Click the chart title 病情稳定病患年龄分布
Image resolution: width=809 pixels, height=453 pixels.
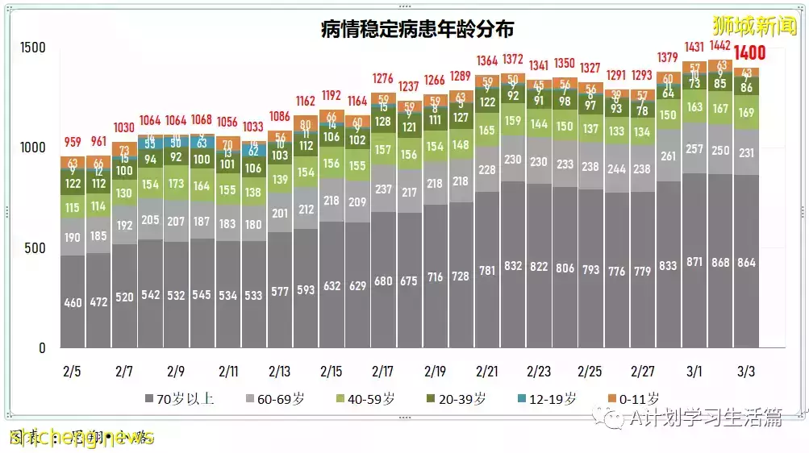point(417,30)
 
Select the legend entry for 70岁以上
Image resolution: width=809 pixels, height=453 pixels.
point(179,398)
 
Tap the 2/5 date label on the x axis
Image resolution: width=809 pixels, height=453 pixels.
point(72,372)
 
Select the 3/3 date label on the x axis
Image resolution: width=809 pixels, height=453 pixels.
point(745,372)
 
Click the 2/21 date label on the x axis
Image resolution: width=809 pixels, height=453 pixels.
point(486,372)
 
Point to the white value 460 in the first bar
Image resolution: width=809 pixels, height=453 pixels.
point(73,303)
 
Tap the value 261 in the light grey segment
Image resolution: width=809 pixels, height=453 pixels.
point(668,156)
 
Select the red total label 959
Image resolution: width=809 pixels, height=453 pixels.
point(73,143)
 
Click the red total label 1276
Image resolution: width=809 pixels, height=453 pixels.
point(383,78)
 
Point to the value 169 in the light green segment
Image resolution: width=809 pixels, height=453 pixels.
point(746,113)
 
